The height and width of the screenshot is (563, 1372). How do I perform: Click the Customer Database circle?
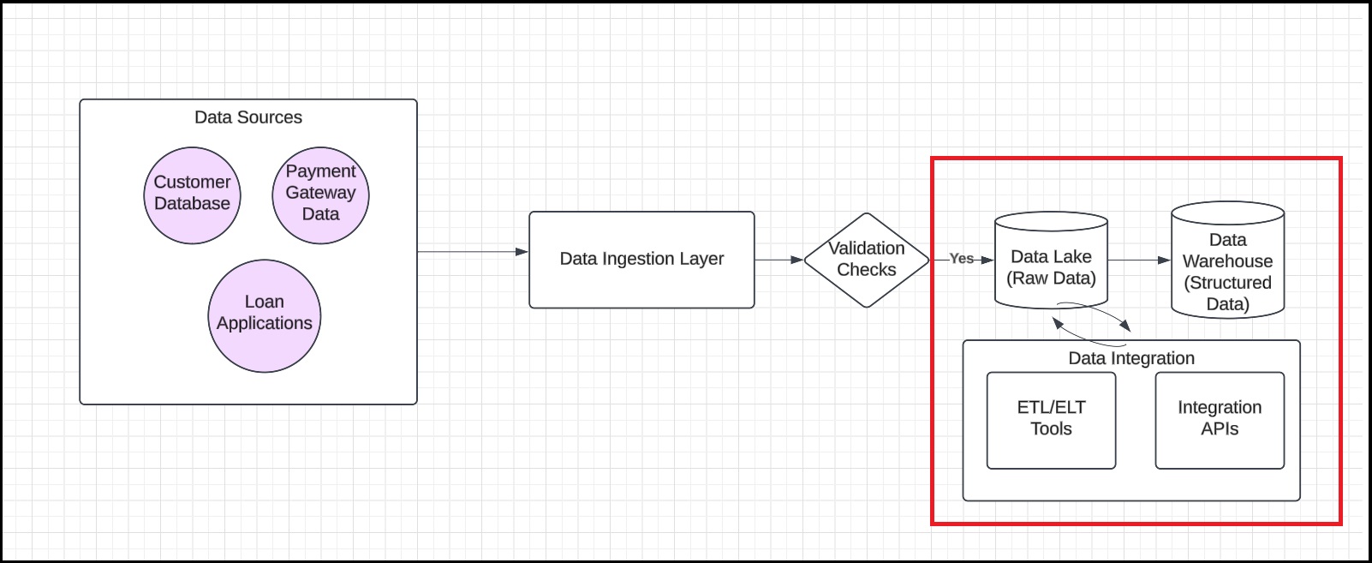click(x=192, y=195)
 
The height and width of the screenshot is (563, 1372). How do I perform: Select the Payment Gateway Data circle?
click(x=320, y=195)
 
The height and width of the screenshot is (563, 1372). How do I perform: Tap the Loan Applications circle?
click(x=264, y=315)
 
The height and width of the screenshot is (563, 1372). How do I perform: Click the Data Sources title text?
click(x=248, y=117)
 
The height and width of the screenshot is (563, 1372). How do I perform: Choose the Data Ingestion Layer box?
click(x=641, y=260)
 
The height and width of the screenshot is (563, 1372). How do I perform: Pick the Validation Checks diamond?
click(x=866, y=260)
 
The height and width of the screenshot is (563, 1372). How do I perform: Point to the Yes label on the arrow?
click(x=961, y=259)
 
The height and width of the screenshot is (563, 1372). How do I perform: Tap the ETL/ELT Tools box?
click(x=1051, y=420)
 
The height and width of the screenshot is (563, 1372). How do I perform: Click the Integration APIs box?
click(x=1219, y=420)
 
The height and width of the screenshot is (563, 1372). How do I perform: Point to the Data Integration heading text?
click(x=1130, y=358)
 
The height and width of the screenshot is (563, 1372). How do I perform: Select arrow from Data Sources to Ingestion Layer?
click(x=471, y=252)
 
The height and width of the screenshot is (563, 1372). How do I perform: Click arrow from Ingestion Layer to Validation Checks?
click(x=778, y=260)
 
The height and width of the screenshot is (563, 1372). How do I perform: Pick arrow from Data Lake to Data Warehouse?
click(x=1138, y=260)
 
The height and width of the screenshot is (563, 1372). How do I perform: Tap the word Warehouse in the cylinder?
click(x=1227, y=261)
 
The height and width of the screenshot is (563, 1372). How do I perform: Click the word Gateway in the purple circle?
click(x=320, y=193)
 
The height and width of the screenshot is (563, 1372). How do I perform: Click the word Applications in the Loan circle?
click(x=264, y=323)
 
